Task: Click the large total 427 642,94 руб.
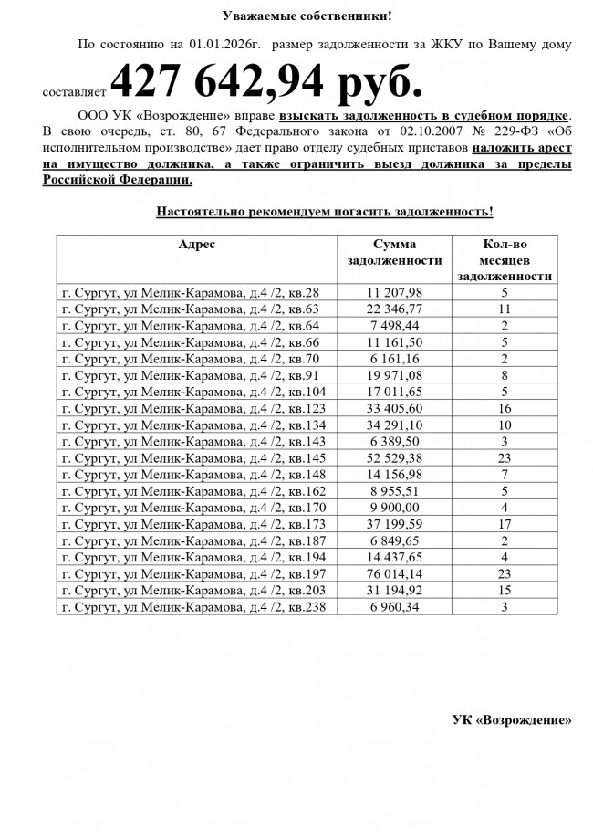click(266, 85)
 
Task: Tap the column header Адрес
click(196, 245)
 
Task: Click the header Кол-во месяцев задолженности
click(505, 259)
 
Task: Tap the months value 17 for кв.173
click(504, 523)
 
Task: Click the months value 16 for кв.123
click(504, 408)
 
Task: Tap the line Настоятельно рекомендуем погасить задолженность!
click(325, 212)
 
